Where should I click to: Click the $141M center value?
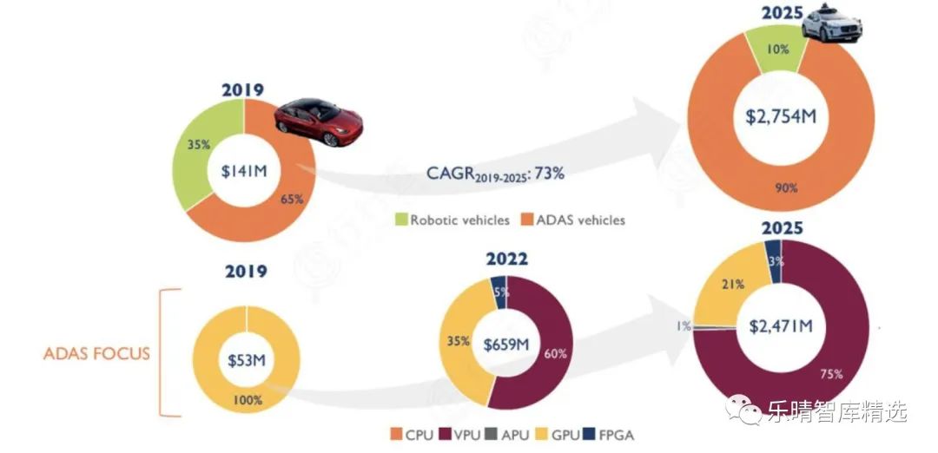coord(243,170)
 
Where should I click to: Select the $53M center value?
coord(246,359)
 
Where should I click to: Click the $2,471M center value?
coord(780,326)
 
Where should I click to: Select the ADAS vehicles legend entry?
coord(576,220)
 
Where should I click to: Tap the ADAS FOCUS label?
coord(97,353)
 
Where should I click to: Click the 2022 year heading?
coord(505,258)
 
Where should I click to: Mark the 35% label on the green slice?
coord(200,144)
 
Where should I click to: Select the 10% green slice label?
coord(777,49)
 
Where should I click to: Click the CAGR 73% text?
coord(494,174)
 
